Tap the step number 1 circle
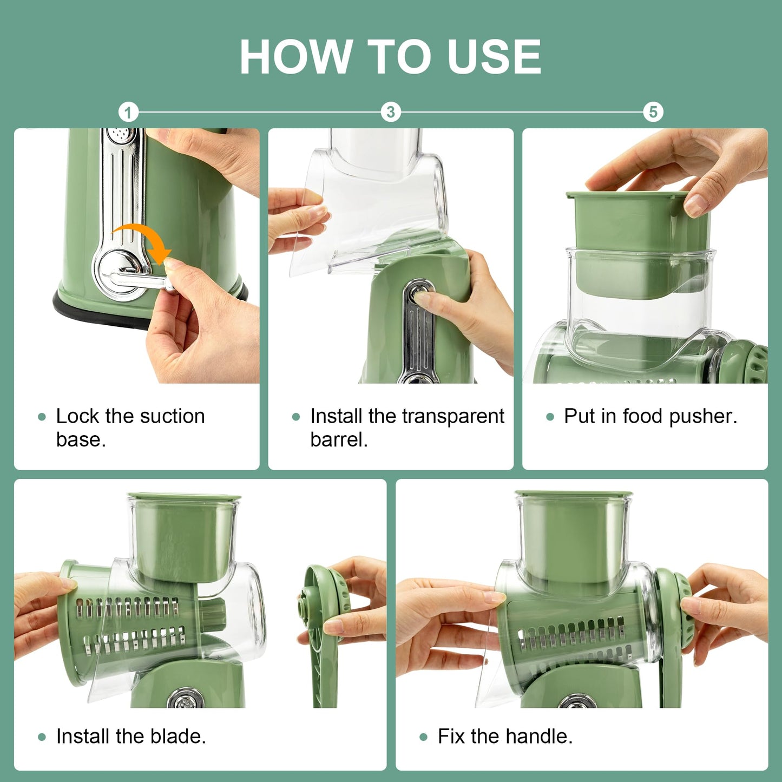point(128,113)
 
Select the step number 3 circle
point(390,112)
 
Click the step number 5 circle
point(653,112)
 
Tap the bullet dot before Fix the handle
point(423,737)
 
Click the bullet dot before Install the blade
point(42,737)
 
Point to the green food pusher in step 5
point(639,227)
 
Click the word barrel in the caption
point(338,439)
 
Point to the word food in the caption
point(642,416)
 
